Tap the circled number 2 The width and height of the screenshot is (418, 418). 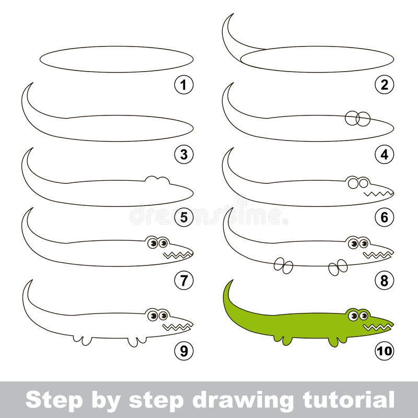385,85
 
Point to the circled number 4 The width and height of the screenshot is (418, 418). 385,155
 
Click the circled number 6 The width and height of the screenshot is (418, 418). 385,217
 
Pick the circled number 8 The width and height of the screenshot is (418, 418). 385,281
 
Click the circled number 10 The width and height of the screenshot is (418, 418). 385,351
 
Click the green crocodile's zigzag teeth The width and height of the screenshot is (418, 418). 378,327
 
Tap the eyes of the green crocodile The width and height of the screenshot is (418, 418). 358,316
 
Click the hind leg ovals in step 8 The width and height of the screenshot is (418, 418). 283,265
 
